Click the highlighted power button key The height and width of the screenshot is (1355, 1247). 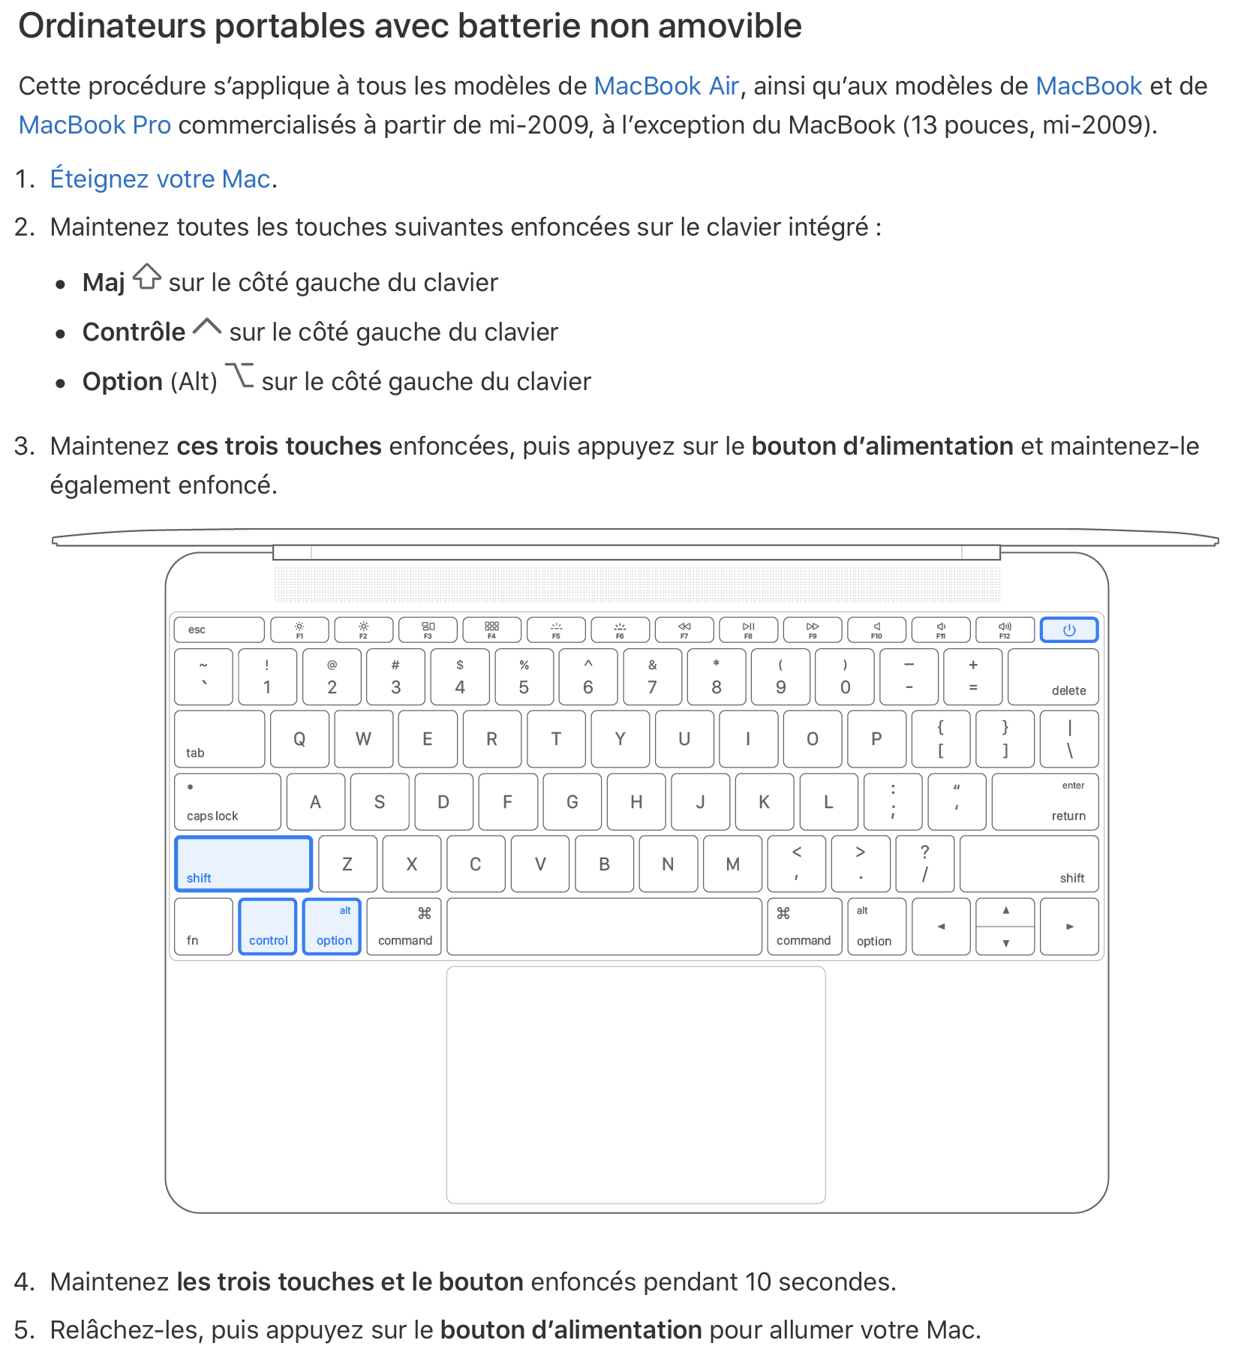pyautogui.click(x=1068, y=630)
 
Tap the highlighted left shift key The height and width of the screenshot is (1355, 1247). pyautogui.click(x=243, y=864)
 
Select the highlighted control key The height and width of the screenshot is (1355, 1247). pyautogui.click(x=268, y=927)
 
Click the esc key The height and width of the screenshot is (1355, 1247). pyautogui.click(x=218, y=630)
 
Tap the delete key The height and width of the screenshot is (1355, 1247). pyautogui.click(x=1053, y=677)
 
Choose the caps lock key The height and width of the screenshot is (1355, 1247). pyautogui.click(x=227, y=802)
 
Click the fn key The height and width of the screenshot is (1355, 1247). pyautogui.click(x=203, y=927)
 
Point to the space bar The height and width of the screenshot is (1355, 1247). pyautogui.click(x=604, y=927)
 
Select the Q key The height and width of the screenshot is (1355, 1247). pyautogui.click(x=299, y=740)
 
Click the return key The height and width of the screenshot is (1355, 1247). pyautogui.click(x=1045, y=802)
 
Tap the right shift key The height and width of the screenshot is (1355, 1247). pyautogui.click(x=1029, y=864)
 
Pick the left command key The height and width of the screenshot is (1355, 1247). pyautogui.click(x=404, y=927)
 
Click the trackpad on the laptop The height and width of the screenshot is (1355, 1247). pyautogui.click(x=636, y=1084)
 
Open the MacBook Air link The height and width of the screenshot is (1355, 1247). pyautogui.click(x=666, y=86)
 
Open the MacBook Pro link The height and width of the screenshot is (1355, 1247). pyautogui.click(x=95, y=125)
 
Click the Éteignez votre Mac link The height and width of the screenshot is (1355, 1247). pyautogui.click(x=160, y=179)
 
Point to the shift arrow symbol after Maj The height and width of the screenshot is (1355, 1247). pyautogui.click(x=147, y=277)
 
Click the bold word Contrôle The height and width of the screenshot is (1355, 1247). pyautogui.click(x=134, y=332)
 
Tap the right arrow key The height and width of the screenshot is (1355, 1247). pyautogui.click(x=1069, y=927)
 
